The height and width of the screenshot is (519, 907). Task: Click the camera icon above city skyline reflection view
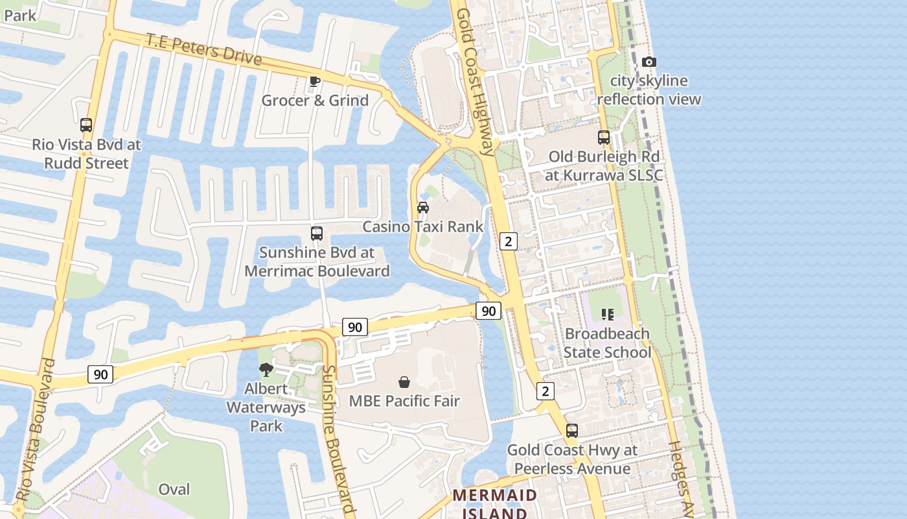pos(649,62)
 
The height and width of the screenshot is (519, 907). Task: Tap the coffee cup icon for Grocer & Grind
pos(314,81)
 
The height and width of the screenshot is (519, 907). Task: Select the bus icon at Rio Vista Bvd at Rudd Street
pos(86,125)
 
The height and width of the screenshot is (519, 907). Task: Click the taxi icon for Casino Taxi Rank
pos(423,208)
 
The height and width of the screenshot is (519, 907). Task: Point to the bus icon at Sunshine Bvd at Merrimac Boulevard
pos(317,234)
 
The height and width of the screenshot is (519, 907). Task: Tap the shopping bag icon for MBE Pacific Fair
pos(404,382)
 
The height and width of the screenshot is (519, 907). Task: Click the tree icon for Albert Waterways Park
pos(266,370)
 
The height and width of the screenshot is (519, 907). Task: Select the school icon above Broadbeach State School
pos(607,315)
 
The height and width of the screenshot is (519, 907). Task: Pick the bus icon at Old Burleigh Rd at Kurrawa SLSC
pos(604,138)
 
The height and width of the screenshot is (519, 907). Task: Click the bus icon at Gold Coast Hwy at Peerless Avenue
pos(572,431)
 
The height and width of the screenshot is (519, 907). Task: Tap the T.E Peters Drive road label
pos(204,49)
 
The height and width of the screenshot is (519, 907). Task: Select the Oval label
pos(174,489)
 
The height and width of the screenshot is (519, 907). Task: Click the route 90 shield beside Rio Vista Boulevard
pos(100,374)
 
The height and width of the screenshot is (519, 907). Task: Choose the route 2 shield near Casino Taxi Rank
pos(509,241)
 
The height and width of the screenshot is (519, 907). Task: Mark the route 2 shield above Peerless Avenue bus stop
pos(545,391)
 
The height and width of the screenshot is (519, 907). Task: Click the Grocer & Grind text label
pos(315,101)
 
